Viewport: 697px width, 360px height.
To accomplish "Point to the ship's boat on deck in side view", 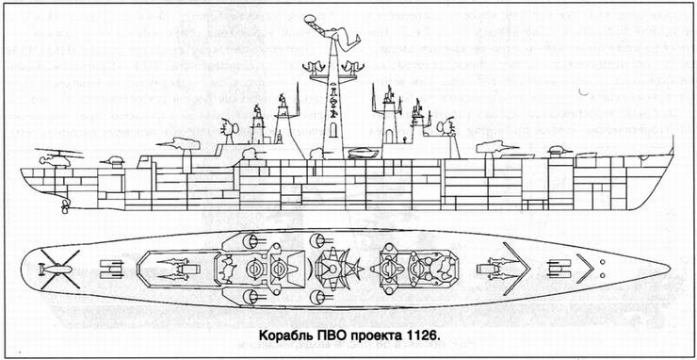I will [365, 154].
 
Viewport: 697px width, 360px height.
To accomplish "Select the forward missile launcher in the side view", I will [494, 144].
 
